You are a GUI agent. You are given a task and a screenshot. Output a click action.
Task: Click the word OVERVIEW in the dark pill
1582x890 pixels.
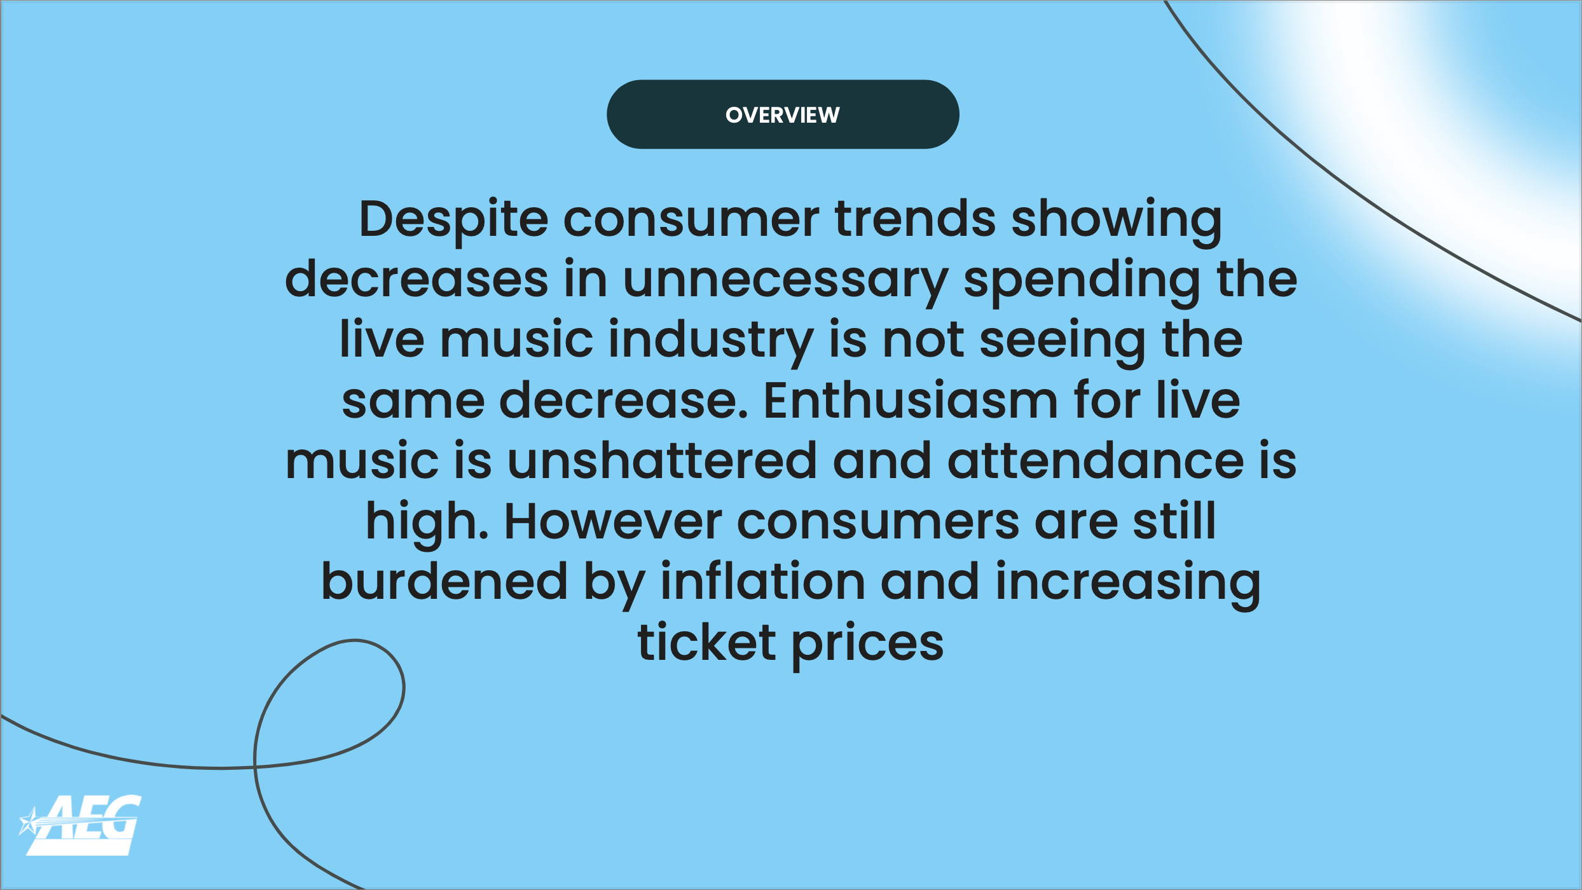783,115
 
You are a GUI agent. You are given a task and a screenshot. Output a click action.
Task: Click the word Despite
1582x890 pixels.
453,221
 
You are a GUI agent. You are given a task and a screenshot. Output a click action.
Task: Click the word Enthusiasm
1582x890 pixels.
911,401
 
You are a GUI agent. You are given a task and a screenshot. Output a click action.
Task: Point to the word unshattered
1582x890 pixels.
662,462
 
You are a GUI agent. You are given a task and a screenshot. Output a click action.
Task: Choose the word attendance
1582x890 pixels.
1096,462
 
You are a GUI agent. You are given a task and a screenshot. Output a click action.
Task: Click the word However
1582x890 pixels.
613,522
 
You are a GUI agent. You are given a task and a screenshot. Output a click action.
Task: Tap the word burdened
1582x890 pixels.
444,582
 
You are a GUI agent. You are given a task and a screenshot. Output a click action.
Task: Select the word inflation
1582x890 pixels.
762,581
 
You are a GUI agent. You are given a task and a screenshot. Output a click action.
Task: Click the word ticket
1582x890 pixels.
706,642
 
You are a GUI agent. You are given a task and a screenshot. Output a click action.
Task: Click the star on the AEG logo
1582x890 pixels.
29,821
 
